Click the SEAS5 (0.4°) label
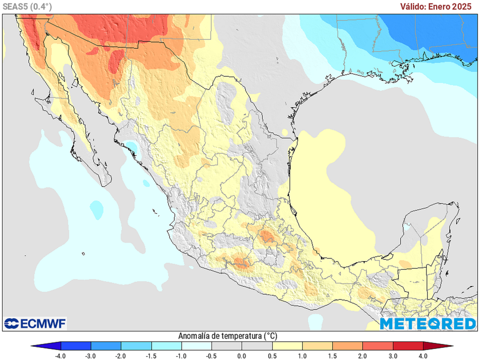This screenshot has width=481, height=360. point(27,6)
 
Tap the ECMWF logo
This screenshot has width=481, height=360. point(35,323)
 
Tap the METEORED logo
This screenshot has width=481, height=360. point(427,323)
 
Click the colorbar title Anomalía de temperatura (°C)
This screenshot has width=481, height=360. point(227,336)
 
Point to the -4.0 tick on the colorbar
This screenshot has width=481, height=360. point(61,355)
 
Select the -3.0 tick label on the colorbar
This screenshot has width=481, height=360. point(91,355)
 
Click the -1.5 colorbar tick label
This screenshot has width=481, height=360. point(151,355)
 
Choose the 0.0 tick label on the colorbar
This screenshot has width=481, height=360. point(242,355)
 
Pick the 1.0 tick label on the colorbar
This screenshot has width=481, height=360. point(302,355)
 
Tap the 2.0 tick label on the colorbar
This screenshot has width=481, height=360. point(363,355)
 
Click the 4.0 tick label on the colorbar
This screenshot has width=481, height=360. point(423,355)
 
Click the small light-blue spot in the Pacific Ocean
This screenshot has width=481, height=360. point(96,208)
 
